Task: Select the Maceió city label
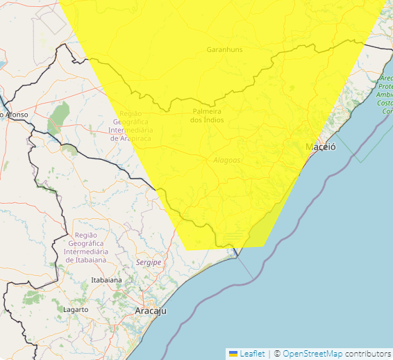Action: (321, 147)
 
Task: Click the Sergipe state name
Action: (149, 262)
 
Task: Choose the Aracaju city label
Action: (151, 311)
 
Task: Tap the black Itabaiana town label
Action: (106, 280)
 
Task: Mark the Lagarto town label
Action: (76, 309)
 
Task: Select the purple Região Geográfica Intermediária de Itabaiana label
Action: (85, 247)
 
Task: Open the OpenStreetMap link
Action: (312, 354)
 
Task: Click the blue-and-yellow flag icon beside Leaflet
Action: (233, 354)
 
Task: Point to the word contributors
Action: (367, 354)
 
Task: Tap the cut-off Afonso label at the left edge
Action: (15, 114)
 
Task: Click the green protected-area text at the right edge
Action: (385, 94)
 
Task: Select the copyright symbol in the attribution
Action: (276, 354)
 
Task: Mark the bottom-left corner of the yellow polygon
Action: (187, 248)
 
